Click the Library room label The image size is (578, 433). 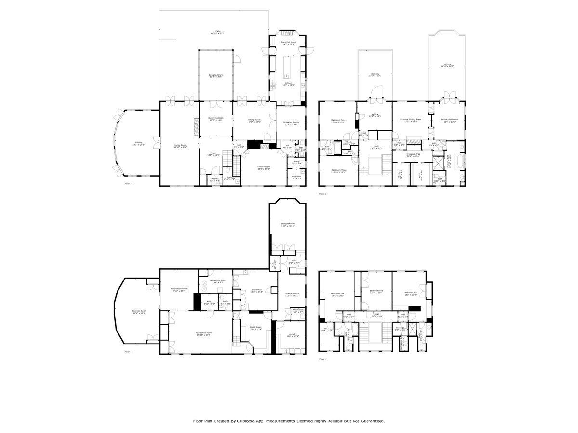(138, 143)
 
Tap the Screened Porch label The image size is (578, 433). (216, 75)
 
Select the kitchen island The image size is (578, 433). (288, 67)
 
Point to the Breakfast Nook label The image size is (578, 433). (288, 42)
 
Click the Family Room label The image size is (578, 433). (263, 167)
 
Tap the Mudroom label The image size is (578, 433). (296, 176)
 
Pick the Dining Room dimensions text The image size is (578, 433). (254, 122)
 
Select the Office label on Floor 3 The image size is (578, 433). (374, 114)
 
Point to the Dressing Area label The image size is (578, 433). (413, 154)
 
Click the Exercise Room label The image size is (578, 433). (139, 311)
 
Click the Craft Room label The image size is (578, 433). (255, 327)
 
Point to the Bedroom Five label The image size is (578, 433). (376, 291)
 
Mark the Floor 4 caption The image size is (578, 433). (322, 359)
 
